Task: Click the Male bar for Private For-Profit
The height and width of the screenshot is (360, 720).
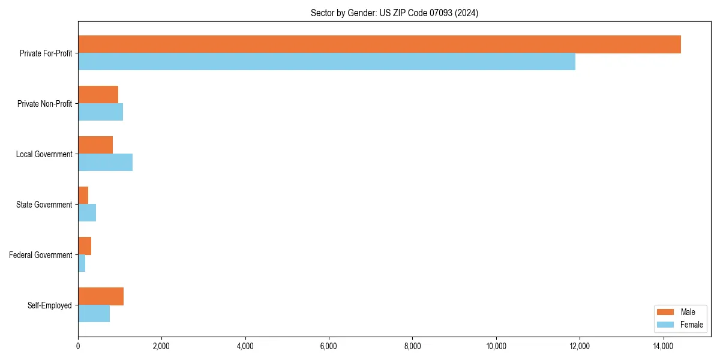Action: pyautogui.click(x=379, y=44)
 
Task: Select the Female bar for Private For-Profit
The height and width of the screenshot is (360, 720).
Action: pyautogui.click(x=326, y=62)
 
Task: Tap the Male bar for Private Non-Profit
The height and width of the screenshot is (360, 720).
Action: pyautogui.click(x=98, y=95)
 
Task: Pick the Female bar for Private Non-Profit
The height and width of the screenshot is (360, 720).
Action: pyautogui.click(x=100, y=112)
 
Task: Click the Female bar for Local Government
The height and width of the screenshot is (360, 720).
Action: pyautogui.click(x=105, y=163)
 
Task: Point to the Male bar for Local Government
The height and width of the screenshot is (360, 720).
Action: pyautogui.click(x=95, y=145)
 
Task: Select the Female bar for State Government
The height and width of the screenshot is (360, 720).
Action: pyautogui.click(x=87, y=213)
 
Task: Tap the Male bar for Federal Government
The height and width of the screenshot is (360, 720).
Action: pyautogui.click(x=85, y=246)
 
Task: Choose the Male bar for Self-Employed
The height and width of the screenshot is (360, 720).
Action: pyautogui.click(x=101, y=296)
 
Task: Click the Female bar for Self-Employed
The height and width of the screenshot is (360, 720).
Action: pyautogui.click(x=94, y=314)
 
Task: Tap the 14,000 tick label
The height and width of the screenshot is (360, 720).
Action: pyautogui.click(x=663, y=346)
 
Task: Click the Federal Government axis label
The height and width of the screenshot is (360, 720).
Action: pyautogui.click(x=40, y=255)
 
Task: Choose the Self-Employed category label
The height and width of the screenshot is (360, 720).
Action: pyautogui.click(x=49, y=305)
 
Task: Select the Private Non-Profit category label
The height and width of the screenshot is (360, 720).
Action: pyautogui.click(x=44, y=104)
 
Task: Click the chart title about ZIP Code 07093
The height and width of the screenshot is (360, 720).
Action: pyautogui.click(x=394, y=13)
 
